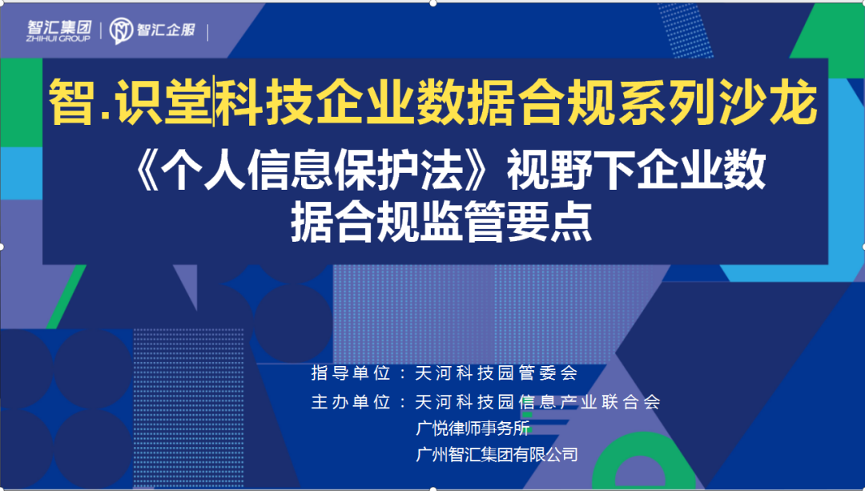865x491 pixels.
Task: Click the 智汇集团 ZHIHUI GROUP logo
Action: pos(59,31)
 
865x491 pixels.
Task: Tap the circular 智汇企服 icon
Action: pos(121,31)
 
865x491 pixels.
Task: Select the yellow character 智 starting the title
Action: pos(70,103)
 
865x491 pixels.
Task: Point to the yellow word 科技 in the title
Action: pos(264,103)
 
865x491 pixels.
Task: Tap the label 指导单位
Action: pos(351,373)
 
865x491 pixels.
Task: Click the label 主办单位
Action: pos(351,401)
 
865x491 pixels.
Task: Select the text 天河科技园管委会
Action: pos(496,373)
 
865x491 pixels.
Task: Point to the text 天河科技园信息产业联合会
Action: pos(538,401)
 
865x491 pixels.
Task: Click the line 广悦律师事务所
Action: pos(473,428)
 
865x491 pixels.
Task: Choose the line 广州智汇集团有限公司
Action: pos(497,455)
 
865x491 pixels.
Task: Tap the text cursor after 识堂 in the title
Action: pos(214,103)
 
